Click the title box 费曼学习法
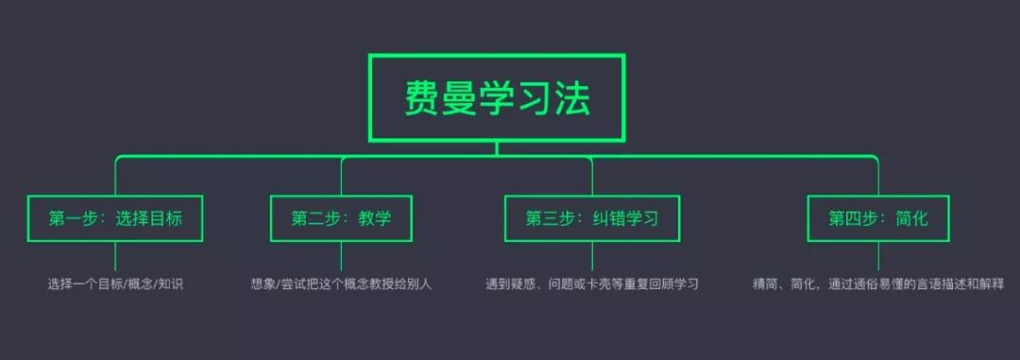coord(497,97)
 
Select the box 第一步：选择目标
coord(115,218)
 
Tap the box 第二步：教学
coord(341,218)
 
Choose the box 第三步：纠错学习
coord(592,218)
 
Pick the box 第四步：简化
coord(878,218)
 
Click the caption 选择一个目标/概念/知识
coord(115,283)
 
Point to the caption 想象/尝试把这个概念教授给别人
coord(341,283)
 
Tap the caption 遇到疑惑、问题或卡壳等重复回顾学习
coord(592,283)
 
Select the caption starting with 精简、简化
coord(878,283)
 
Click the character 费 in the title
coord(422,98)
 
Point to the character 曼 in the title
coord(460,98)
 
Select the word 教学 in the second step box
coord(374,218)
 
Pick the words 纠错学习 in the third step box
coord(625,218)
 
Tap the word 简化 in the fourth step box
coord(911,218)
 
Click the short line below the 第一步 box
coord(115,255)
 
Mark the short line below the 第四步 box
coord(878,255)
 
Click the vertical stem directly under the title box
coord(497,148)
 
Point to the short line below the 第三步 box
coord(592,255)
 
